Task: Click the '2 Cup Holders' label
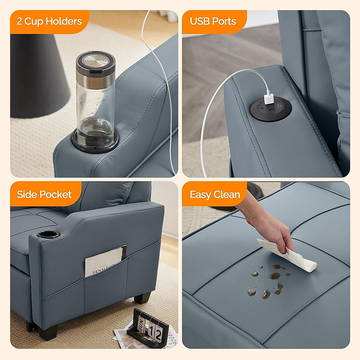click(49, 21)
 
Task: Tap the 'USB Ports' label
click(213, 21)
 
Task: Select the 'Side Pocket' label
click(44, 194)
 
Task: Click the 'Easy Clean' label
click(215, 194)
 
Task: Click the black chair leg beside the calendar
click(142, 298)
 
